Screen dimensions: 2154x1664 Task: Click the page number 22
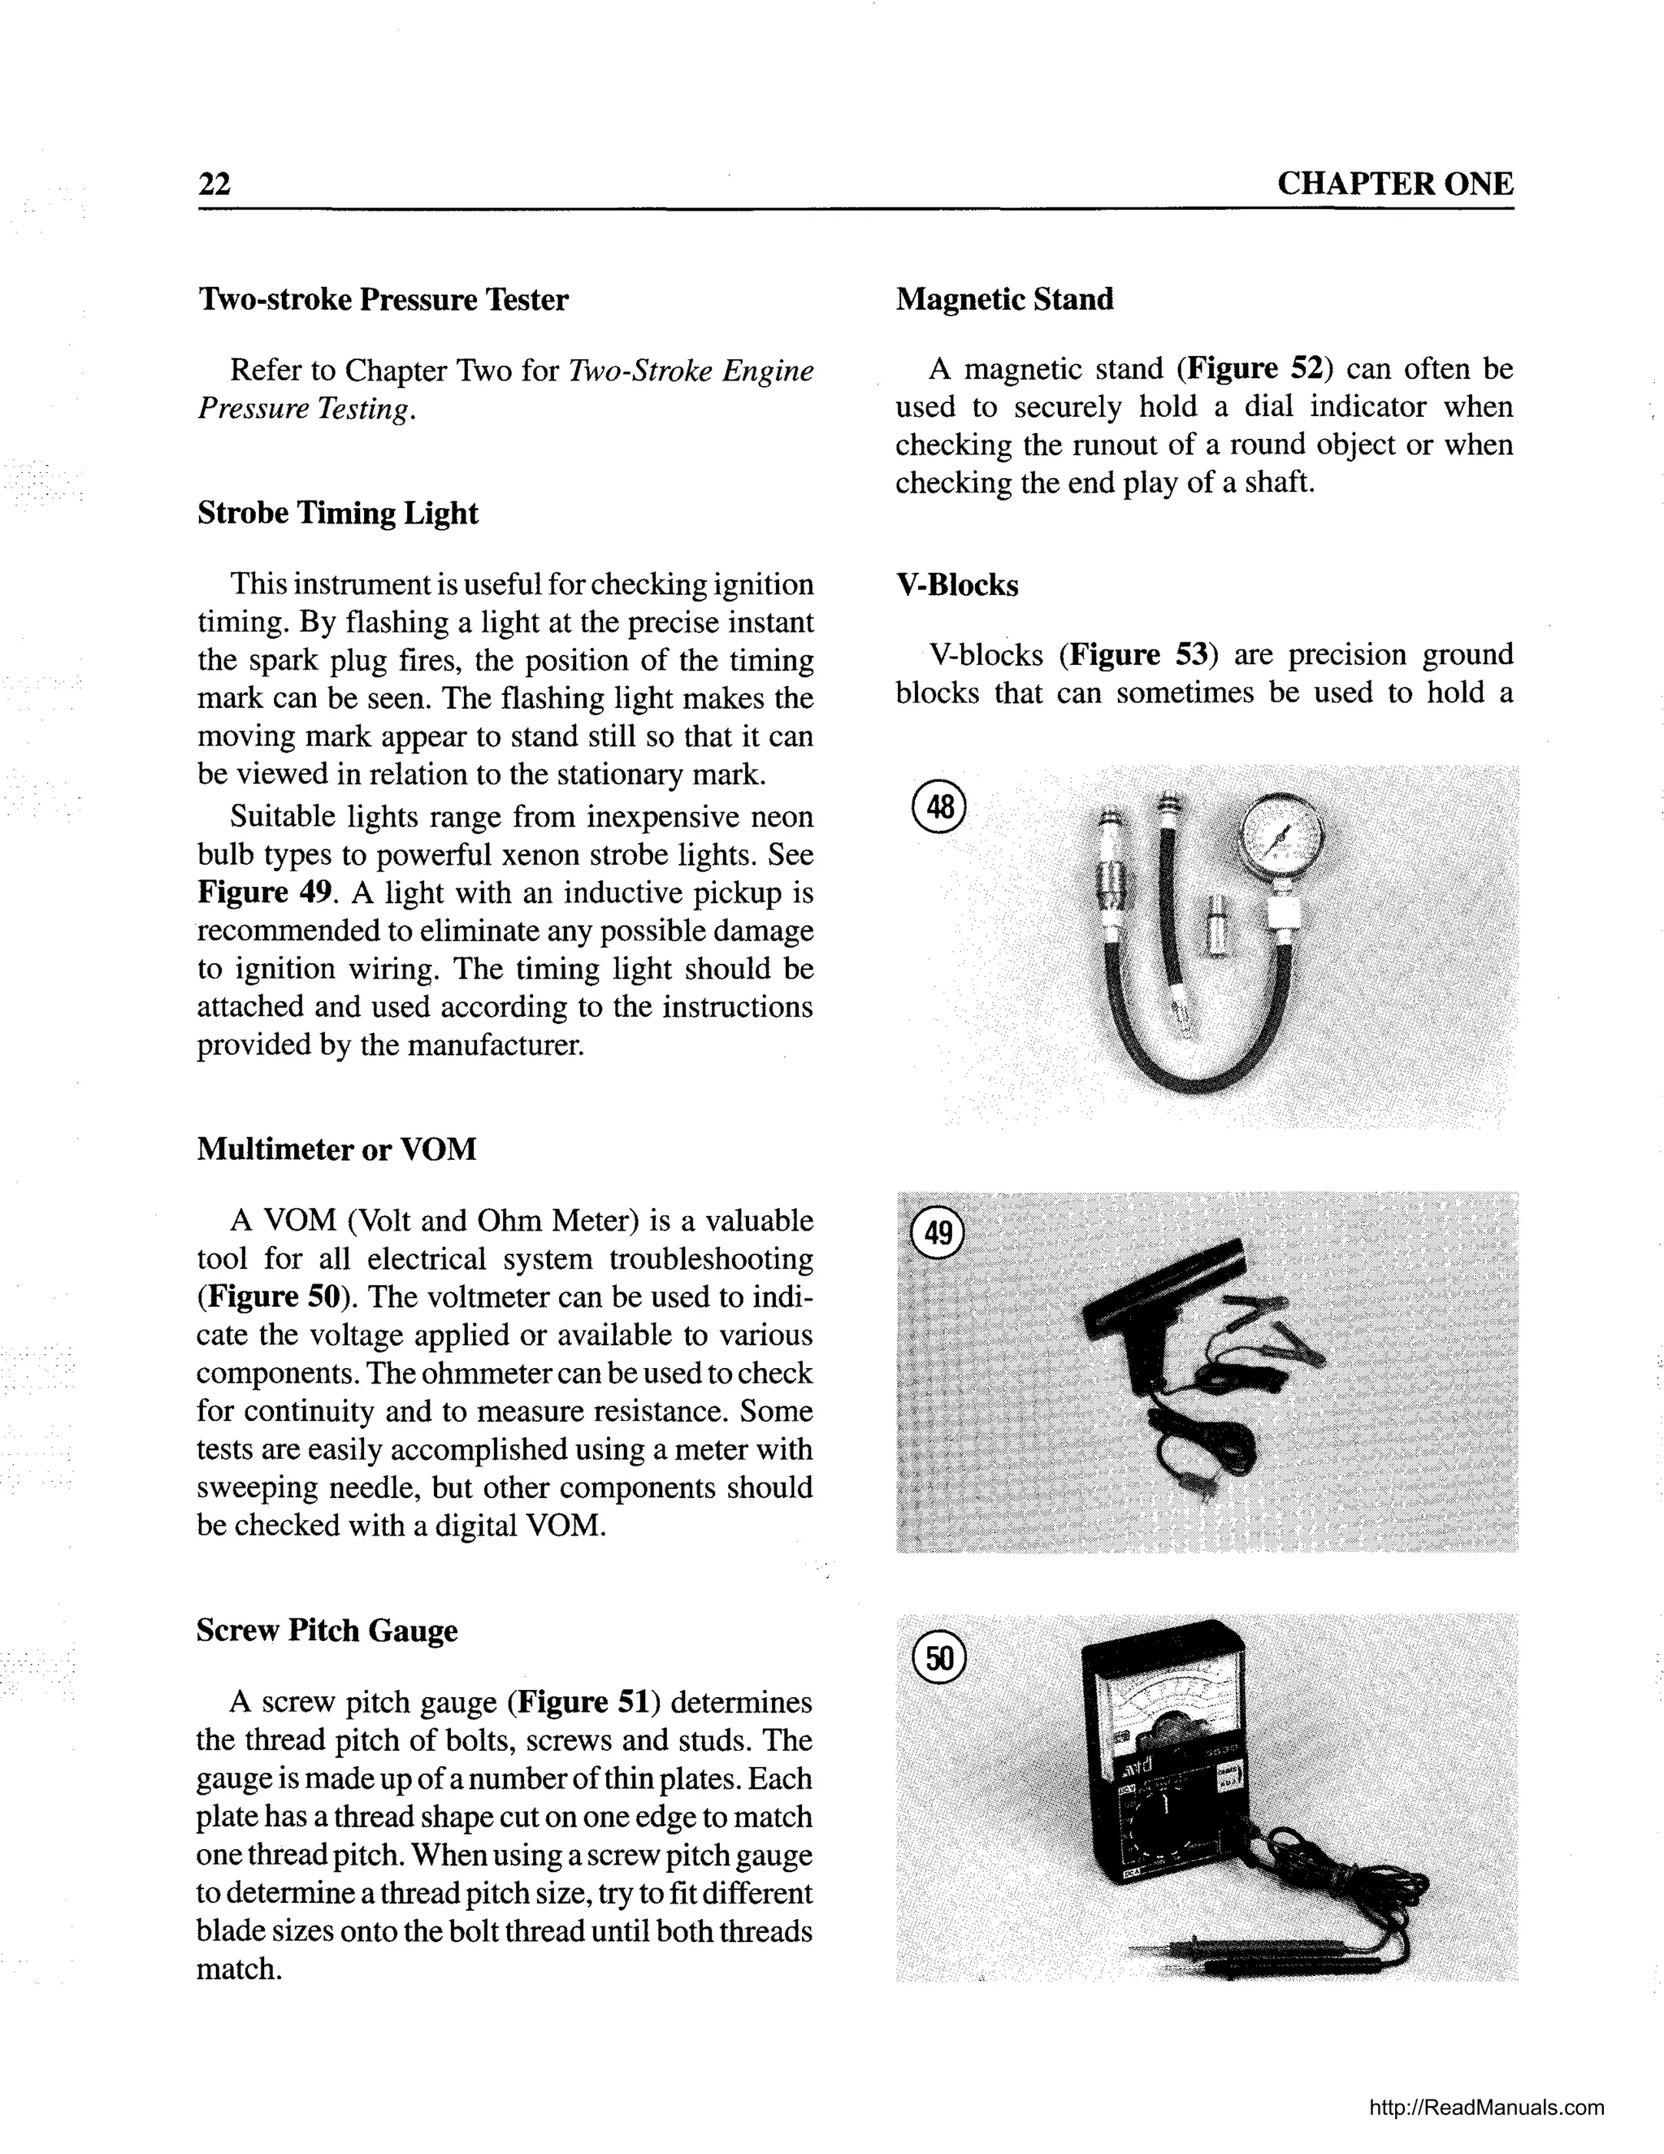coord(214,185)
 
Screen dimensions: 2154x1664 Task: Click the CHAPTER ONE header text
coord(1394,185)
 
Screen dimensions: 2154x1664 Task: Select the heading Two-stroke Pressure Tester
coord(383,300)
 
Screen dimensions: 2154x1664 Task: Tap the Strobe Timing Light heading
coord(337,514)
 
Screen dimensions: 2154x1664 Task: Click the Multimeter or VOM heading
coord(336,1149)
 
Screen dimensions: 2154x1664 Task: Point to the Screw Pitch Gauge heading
coord(327,1631)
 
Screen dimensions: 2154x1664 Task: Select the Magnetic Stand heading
coord(1004,300)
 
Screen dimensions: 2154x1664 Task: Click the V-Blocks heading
coord(956,586)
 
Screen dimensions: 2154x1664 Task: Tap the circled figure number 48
coord(939,808)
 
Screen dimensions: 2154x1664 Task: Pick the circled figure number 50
coord(939,1659)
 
